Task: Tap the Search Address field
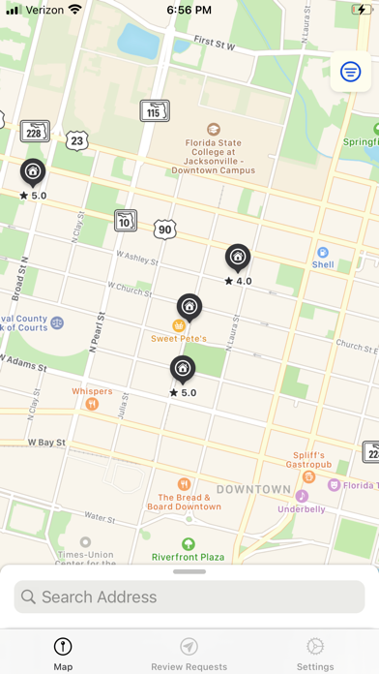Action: pos(189,597)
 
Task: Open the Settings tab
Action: pos(315,653)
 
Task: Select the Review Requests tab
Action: pos(189,653)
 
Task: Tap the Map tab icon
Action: pos(63,646)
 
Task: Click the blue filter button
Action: pos(350,70)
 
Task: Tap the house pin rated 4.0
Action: pos(238,258)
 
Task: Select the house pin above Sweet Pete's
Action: pos(189,307)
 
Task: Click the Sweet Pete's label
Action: pos(179,339)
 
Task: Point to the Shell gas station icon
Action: pos(322,252)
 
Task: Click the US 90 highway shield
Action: pos(163,229)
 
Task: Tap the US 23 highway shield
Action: pos(77,140)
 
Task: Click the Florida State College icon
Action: pos(213,130)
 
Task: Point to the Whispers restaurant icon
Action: pos(92,404)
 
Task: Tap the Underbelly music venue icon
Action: pos(302,496)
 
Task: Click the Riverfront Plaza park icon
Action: pos(188,543)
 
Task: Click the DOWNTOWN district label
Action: pos(253,489)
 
